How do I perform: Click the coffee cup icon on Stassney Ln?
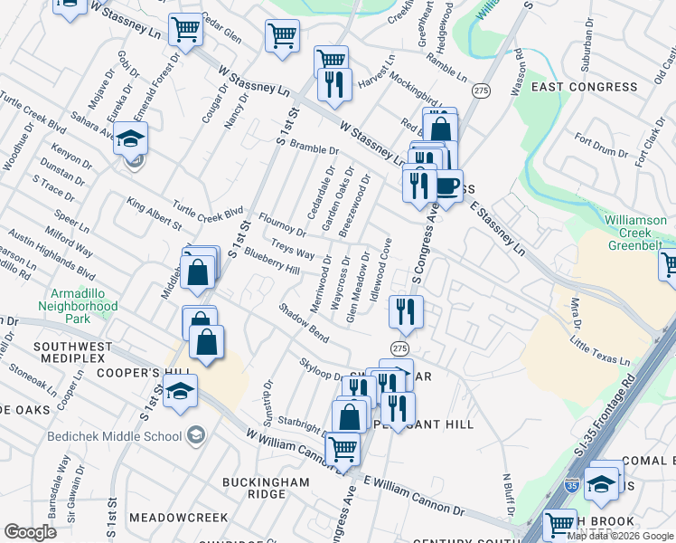point(446,186)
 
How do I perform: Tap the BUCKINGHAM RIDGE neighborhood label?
point(267,488)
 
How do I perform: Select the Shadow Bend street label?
point(304,322)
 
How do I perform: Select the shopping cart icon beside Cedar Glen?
point(185,29)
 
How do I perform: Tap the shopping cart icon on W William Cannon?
point(343,448)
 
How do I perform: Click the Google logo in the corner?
point(30,532)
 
